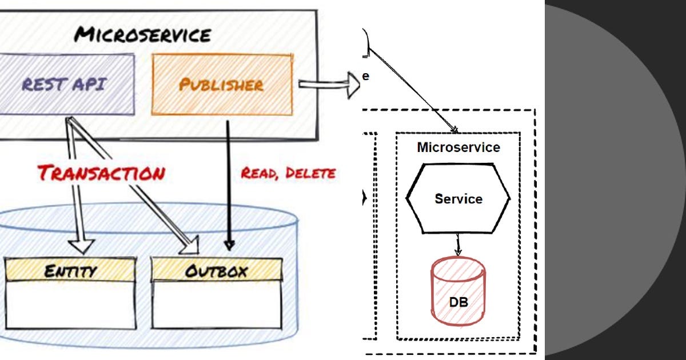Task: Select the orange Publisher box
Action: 222,85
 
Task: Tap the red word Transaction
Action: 101,173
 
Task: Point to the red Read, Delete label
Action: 288,173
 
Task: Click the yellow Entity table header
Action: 70,270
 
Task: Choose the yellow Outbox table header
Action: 216,270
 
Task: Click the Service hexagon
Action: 458,198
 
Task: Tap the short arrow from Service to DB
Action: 457,245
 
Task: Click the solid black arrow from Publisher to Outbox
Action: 229,183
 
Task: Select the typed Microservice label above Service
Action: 458,147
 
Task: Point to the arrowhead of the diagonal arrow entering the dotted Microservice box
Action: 454,130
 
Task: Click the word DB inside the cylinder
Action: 458,302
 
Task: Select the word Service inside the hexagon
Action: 458,199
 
